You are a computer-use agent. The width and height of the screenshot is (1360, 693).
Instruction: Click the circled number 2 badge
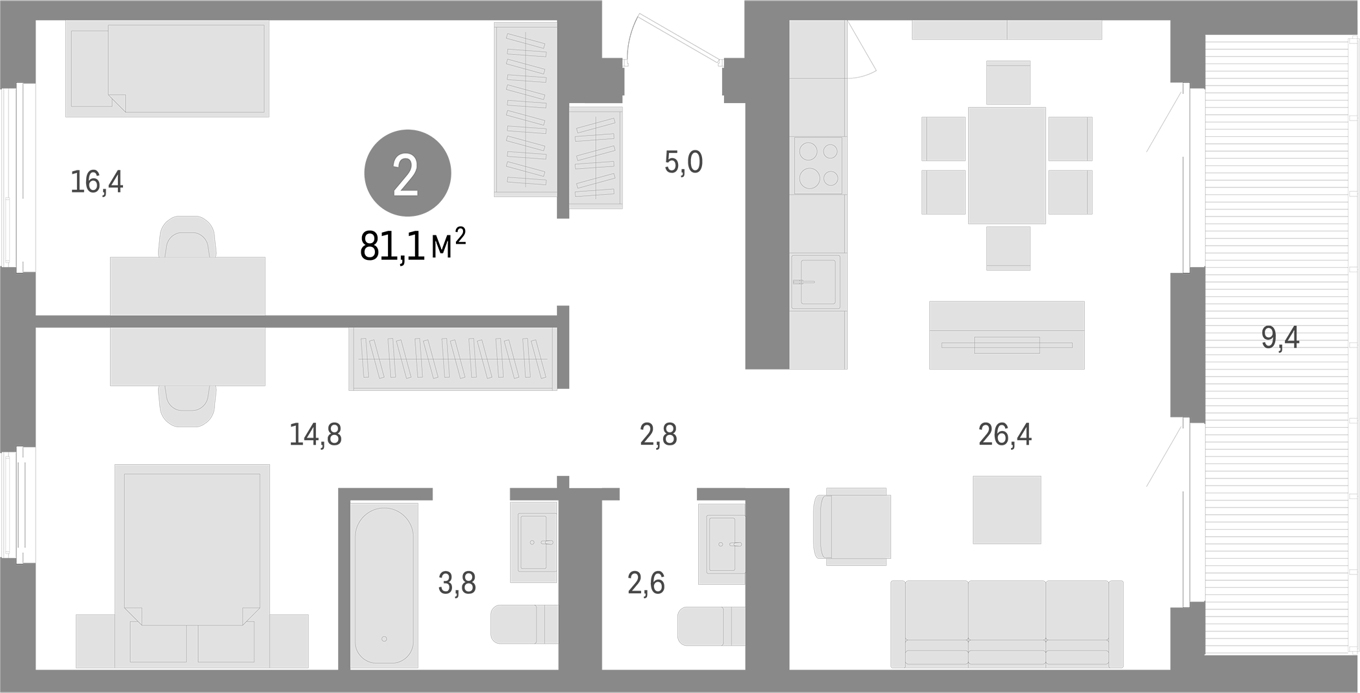(x=407, y=173)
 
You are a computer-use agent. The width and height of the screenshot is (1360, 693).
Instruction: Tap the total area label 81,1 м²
(x=413, y=246)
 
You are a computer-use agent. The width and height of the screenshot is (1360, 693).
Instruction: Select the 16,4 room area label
(x=96, y=182)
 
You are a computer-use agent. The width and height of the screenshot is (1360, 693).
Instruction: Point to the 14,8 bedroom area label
(x=315, y=434)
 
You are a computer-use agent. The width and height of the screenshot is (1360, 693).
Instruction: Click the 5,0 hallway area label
(x=683, y=162)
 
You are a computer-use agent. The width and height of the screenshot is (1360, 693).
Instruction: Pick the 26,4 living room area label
(x=1004, y=434)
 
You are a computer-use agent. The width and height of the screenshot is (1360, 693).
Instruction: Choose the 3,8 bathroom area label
(x=457, y=583)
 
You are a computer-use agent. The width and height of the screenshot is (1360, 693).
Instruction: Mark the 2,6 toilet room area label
(x=646, y=583)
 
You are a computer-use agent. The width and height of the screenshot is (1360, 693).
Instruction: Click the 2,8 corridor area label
(x=658, y=435)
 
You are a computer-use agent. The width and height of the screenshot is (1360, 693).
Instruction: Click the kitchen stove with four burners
(x=818, y=165)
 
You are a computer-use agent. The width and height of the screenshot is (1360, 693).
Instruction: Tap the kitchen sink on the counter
(x=816, y=281)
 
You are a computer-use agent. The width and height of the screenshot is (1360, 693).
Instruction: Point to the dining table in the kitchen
(x=1006, y=165)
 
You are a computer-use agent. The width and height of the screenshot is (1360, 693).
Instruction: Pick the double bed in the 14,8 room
(x=192, y=551)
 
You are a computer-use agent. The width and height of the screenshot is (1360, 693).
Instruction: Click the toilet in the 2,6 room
(x=709, y=626)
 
